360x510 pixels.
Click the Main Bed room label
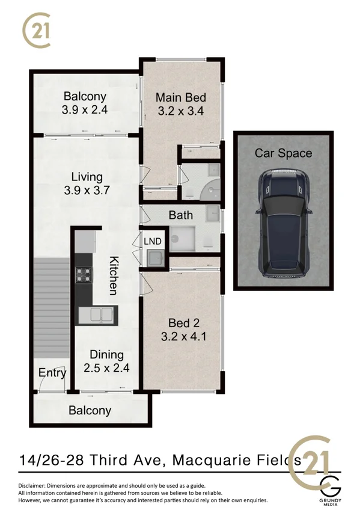[181, 97]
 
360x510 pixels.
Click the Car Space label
[283, 153]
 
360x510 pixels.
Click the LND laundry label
[153, 241]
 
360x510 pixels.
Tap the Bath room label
[180, 215]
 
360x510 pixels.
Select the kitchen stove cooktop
[84, 275]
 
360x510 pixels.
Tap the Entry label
[52, 373]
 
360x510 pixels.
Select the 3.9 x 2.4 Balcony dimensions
[84, 110]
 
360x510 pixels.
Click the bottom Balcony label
[90, 411]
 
